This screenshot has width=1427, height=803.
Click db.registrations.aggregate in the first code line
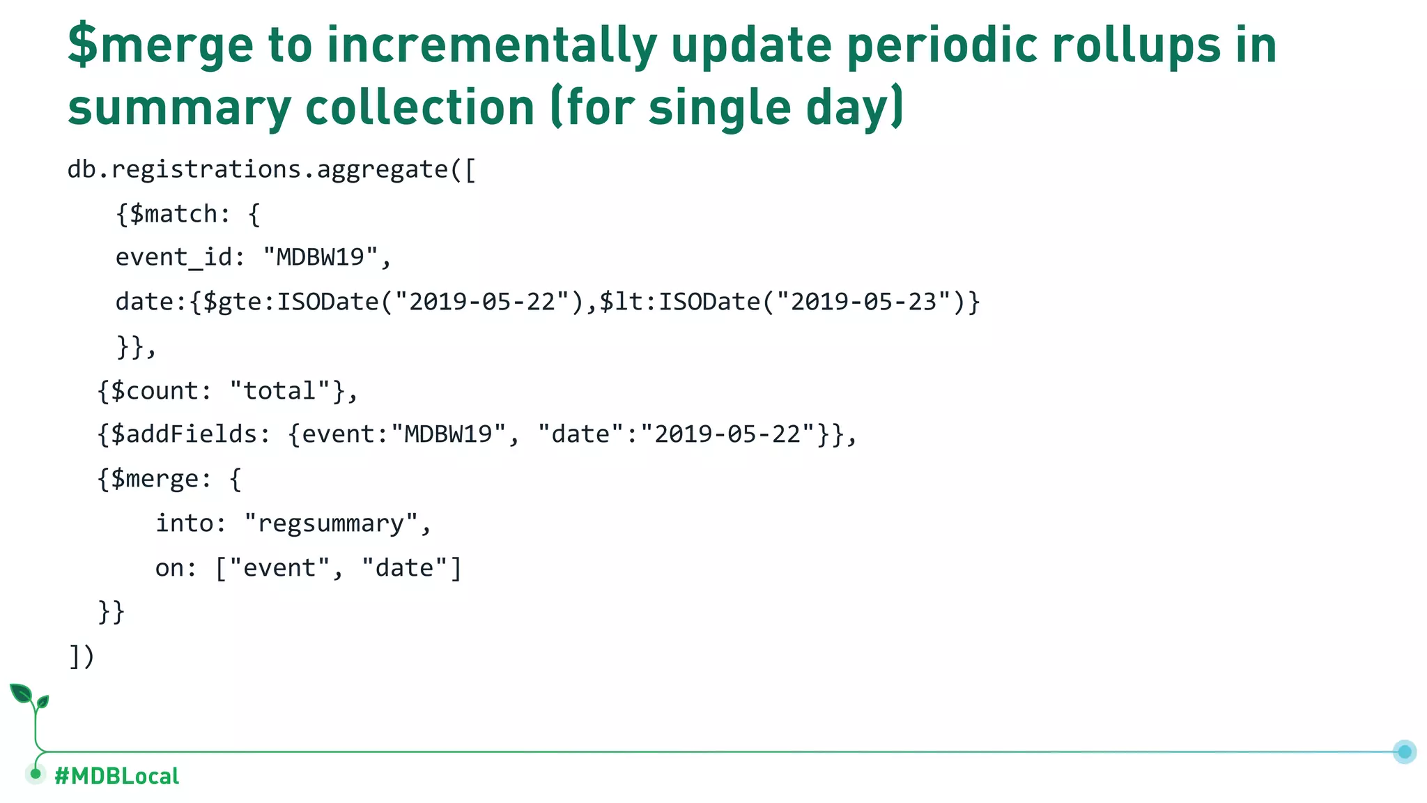[258, 170]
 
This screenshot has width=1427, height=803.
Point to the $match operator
[173, 214]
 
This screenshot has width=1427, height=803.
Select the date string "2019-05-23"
[864, 302]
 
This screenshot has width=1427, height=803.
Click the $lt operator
[624, 302]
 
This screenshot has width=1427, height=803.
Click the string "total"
[279, 391]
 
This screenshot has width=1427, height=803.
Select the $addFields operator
[184, 435]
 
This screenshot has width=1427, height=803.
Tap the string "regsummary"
[331, 523]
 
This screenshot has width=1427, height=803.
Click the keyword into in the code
[184, 523]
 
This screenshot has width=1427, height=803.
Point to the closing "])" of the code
[82, 656]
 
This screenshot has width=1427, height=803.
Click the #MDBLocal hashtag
[116, 776]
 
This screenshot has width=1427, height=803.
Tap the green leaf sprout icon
[28, 697]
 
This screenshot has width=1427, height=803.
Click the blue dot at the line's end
[1405, 751]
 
